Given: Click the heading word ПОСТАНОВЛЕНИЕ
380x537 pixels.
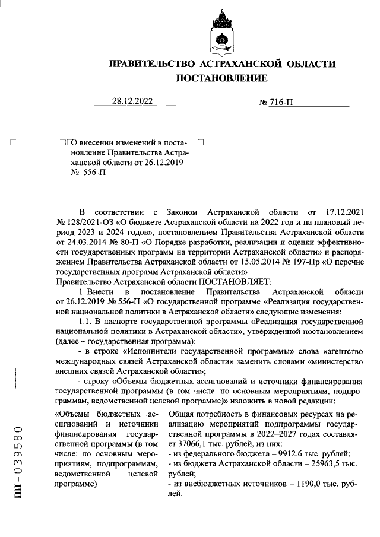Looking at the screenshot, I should point(221,78).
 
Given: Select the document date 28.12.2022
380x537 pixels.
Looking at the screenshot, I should point(132,101).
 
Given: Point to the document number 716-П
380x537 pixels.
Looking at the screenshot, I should point(276,103).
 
